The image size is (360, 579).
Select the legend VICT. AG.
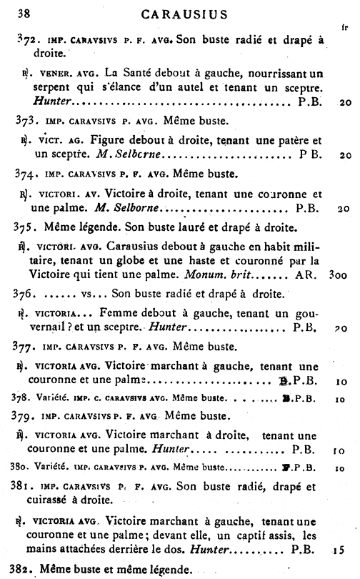click(56, 139)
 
